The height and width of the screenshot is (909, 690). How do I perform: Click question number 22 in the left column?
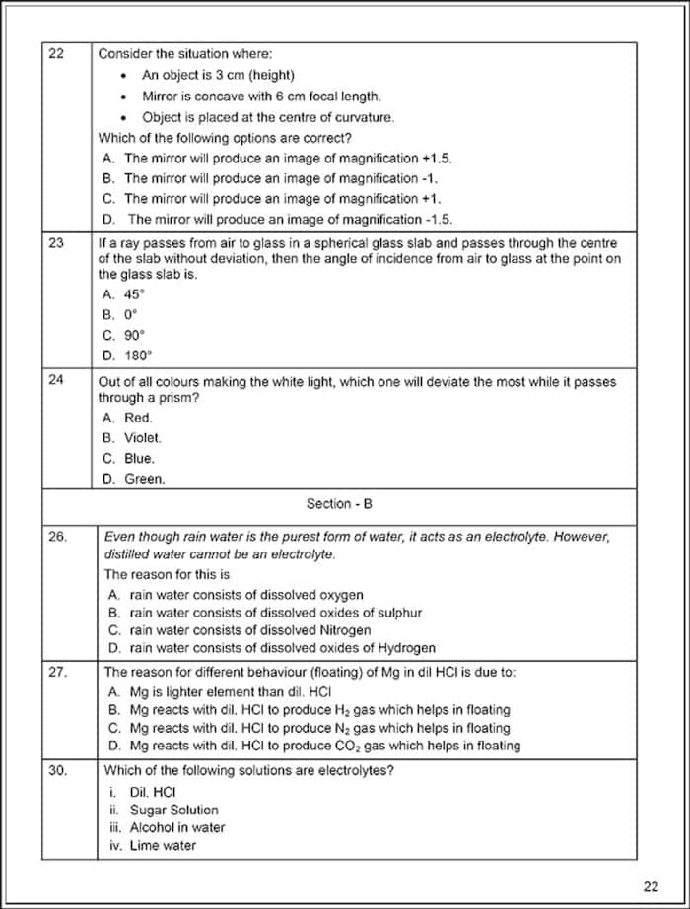click(x=56, y=54)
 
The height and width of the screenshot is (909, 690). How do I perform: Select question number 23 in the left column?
click(x=56, y=242)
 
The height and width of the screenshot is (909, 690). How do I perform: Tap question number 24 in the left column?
click(x=56, y=379)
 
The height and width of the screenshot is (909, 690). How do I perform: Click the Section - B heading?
click(x=339, y=504)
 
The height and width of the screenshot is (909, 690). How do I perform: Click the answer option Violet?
click(x=143, y=437)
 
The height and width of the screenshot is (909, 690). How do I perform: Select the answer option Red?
click(x=138, y=418)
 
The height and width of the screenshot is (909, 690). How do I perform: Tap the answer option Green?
click(x=145, y=479)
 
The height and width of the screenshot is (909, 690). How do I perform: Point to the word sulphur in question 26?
click(x=399, y=613)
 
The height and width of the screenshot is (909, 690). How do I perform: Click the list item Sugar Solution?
click(x=173, y=810)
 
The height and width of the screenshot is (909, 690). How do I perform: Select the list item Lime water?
click(x=163, y=845)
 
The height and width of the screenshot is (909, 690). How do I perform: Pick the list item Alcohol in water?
click(x=177, y=827)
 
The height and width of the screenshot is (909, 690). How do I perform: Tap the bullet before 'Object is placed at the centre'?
click(x=123, y=117)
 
